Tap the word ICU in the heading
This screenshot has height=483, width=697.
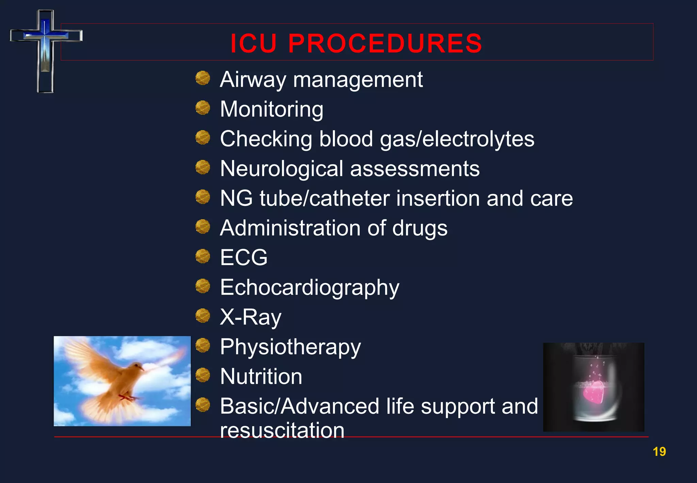(254, 44)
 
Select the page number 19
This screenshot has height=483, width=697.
(659, 452)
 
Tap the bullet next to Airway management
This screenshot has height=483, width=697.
(203, 78)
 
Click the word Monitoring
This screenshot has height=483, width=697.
(272, 109)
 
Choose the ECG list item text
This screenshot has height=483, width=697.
(244, 258)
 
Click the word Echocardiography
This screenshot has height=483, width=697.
(309, 287)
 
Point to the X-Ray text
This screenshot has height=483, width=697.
(250, 317)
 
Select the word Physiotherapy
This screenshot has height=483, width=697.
(290, 347)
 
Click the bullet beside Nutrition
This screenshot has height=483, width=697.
(203, 375)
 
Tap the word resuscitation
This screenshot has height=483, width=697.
(282, 430)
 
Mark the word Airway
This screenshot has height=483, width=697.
(253, 80)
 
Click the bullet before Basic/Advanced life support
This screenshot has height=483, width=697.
(203, 405)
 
